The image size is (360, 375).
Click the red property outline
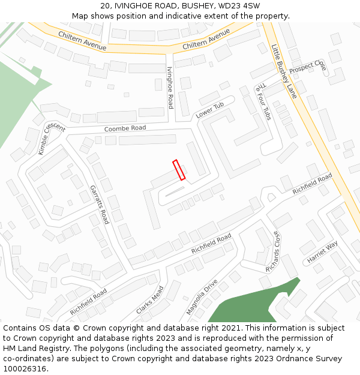click(x=179, y=170)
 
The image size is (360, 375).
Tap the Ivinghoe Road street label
click(x=170, y=88)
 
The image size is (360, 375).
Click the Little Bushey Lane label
click(x=284, y=71)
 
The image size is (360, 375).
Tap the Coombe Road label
click(x=125, y=128)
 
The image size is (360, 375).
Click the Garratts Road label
click(x=99, y=204)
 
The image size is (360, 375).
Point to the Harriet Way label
click(x=322, y=252)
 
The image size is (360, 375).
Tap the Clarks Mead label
click(x=149, y=299)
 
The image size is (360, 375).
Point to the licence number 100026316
click(x=25, y=368)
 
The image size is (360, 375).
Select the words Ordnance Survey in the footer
click(x=308, y=358)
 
